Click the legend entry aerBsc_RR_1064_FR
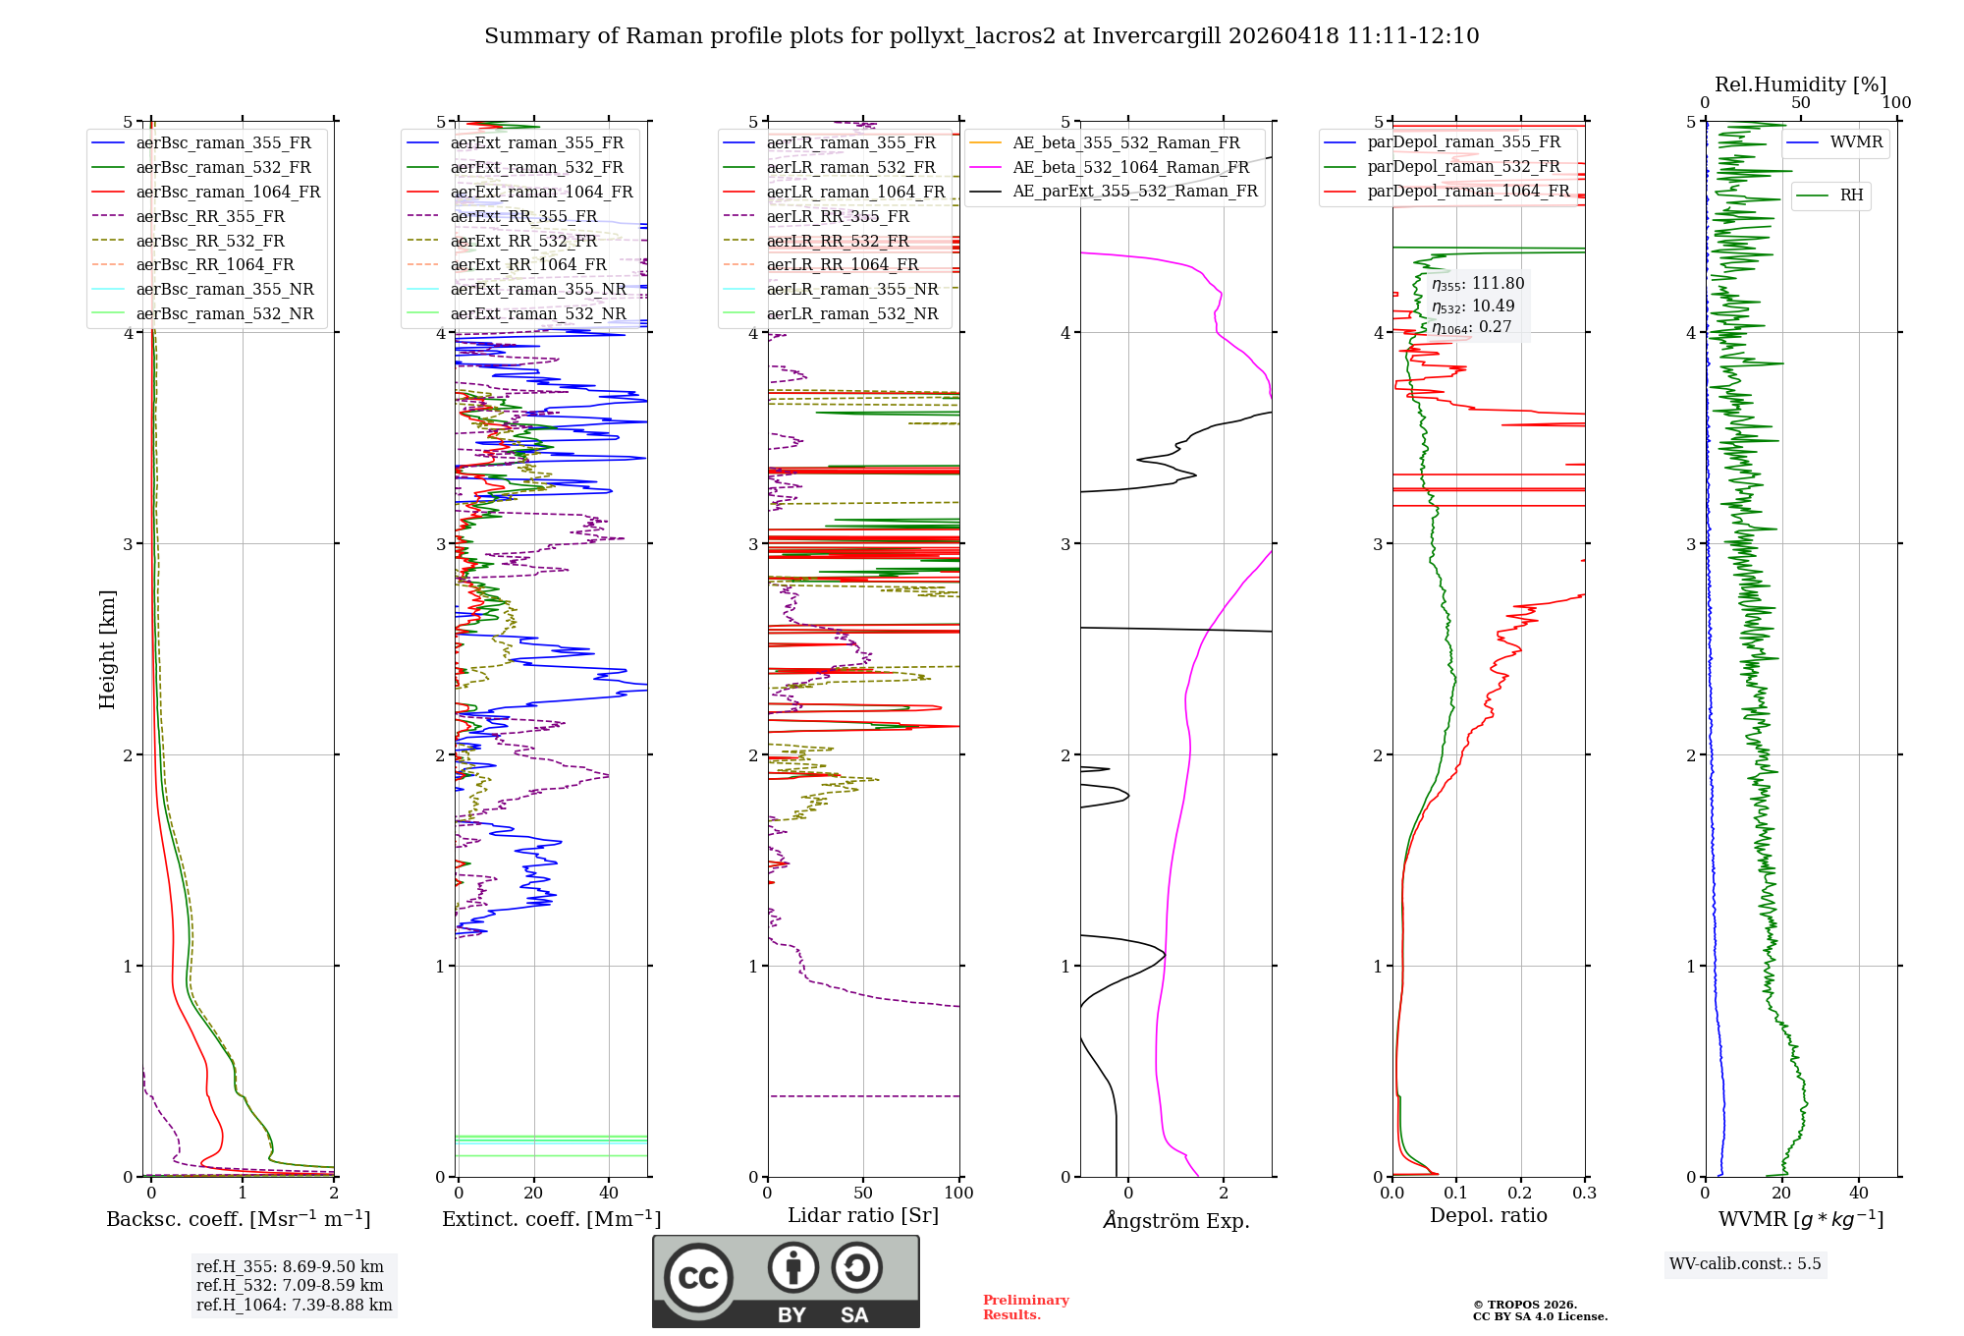(x=214, y=265)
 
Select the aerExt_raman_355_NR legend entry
(x=537, y=290)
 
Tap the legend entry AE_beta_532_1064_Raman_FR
(x=1130, y=168)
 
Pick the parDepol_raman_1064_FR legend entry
(x=1468, y=192)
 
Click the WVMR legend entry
(x=1856, y=143)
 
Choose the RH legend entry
(x=1851, y=195)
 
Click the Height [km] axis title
(x=107, y=649)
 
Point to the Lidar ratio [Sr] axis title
(x=863, y=1216)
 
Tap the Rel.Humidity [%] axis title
(x=1800, y=84)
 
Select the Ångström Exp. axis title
(x=1175, y=1221)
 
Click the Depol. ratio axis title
(x=1488, y=1216)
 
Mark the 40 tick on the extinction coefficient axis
(x=609, y=1194)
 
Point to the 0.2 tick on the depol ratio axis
(x=1520, y=1194)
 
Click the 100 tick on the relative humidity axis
(x=1896, y=103)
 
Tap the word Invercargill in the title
(x=1156, y=36)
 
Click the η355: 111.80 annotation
(x=1478, y=285)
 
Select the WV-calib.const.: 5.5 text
(x=1745, y=1264)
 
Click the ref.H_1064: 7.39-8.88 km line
(x=294, y=1306)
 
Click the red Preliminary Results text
(x=1025, y=1308)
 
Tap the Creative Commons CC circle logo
(x=698, y=1278)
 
